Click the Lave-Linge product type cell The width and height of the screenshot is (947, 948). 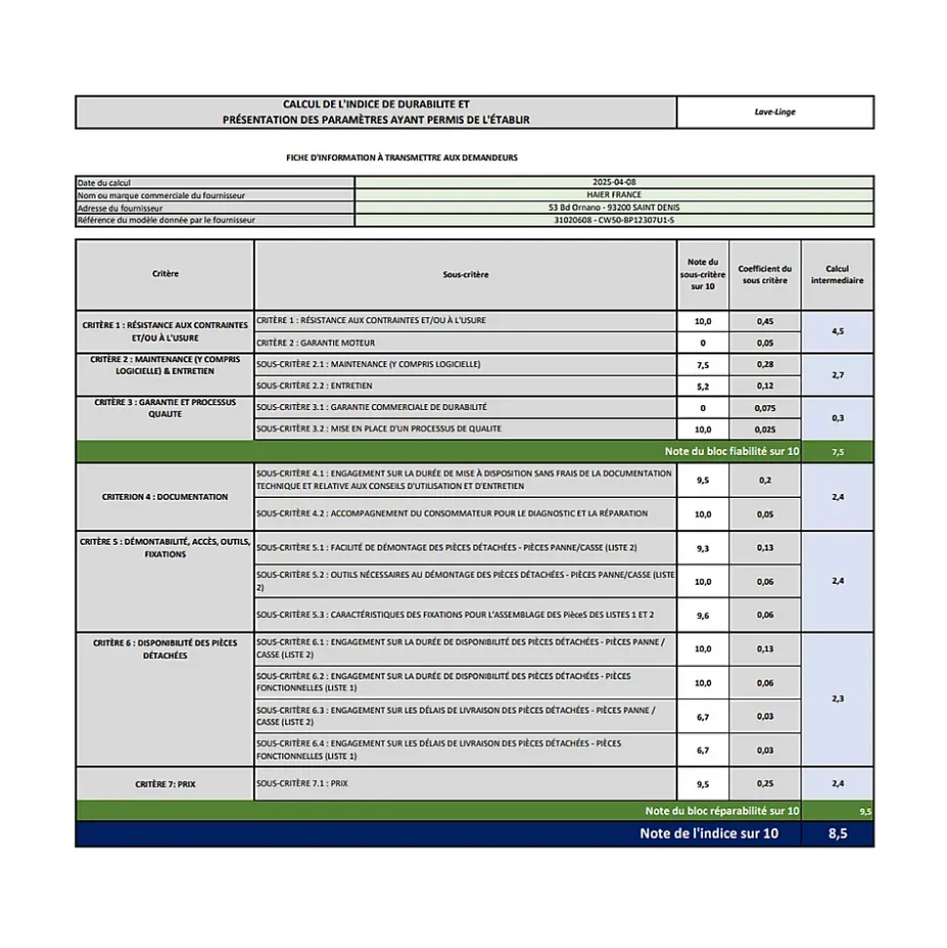(774, 112)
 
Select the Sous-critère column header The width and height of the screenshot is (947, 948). (465, 274)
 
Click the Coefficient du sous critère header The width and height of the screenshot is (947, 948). (764, 274)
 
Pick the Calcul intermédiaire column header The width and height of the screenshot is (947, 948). (837, 274)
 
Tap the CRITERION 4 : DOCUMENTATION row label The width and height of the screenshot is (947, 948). (165, 497)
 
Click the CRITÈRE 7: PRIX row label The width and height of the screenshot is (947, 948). (165, 784)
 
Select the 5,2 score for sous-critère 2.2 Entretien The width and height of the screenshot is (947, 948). (703, 386)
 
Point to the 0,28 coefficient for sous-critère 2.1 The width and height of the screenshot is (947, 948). (764, 364)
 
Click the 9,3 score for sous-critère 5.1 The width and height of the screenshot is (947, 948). (703, 548)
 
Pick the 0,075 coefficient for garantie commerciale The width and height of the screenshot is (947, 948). (764, 408)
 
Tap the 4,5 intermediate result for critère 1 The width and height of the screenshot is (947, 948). (837, 332)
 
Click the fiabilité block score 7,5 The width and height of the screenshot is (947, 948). (837, 452)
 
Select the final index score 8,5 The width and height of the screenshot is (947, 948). (837, 834)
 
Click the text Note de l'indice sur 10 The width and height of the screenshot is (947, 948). (709, 834)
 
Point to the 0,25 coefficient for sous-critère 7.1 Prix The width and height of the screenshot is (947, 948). (764, 784)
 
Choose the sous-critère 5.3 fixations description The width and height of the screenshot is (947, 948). (455, 615)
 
